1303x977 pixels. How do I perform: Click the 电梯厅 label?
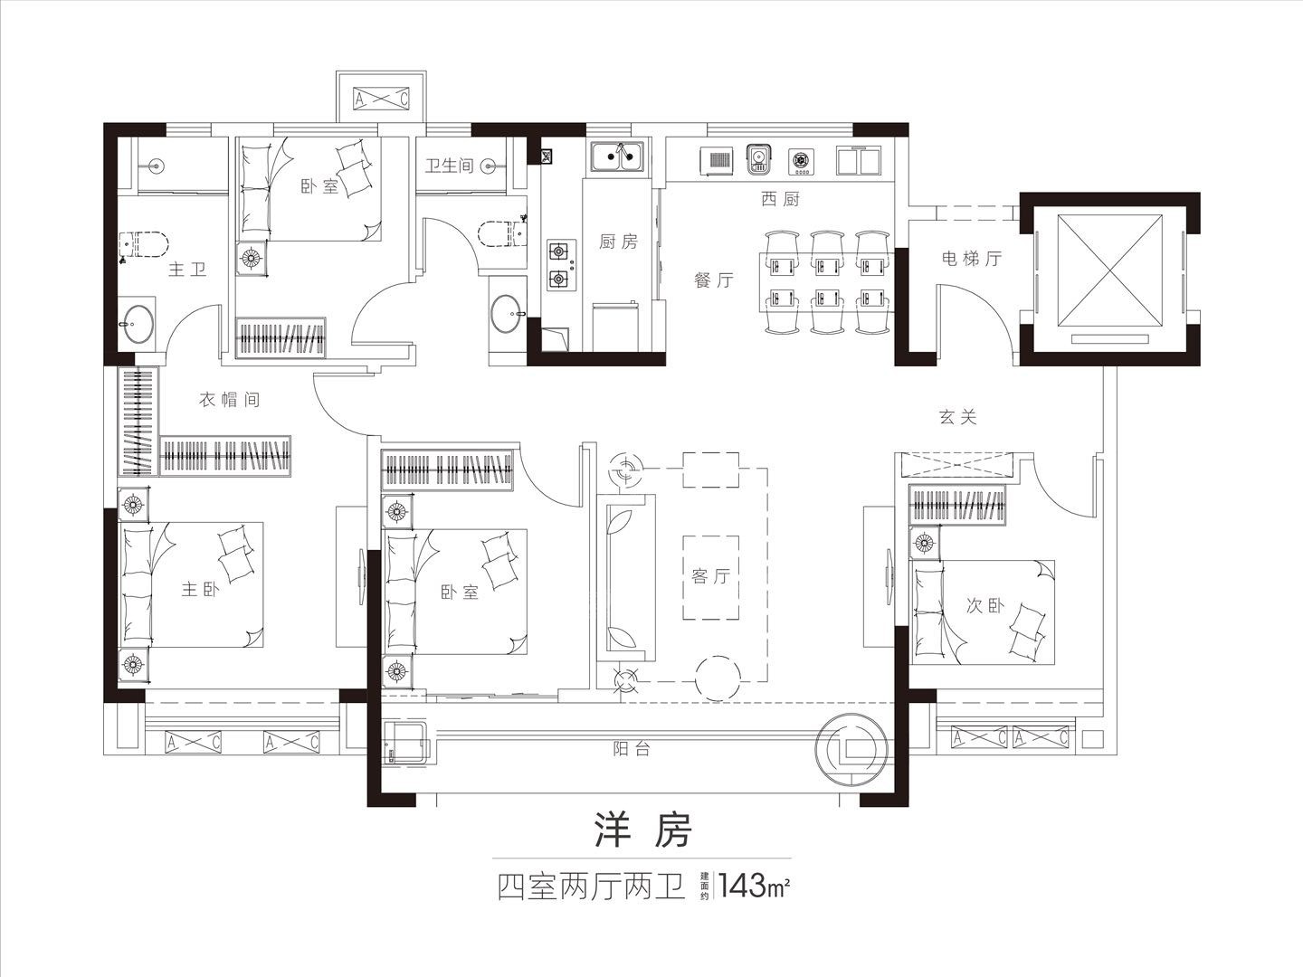pos(972,258)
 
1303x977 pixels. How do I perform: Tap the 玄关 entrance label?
pos(957,417)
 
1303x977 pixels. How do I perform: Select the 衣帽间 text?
pos(229,400)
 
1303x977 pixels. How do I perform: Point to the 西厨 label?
pos(780,199)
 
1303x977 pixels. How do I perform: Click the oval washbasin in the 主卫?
pos(138,324)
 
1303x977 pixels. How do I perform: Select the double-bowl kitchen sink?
pos(617,157)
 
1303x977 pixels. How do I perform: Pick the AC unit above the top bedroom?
pos(381,99)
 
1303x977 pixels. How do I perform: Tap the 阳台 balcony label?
pos(632,749)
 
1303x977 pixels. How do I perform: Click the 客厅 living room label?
pos(710,576)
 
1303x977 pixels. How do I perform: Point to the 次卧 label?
pos(984,605)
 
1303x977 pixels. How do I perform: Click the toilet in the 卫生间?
pos(499,233)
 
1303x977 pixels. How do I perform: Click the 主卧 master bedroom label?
pos(200,589)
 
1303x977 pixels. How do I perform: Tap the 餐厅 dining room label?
pos(714,280)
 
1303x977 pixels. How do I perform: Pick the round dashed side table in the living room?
pos(718,678)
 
